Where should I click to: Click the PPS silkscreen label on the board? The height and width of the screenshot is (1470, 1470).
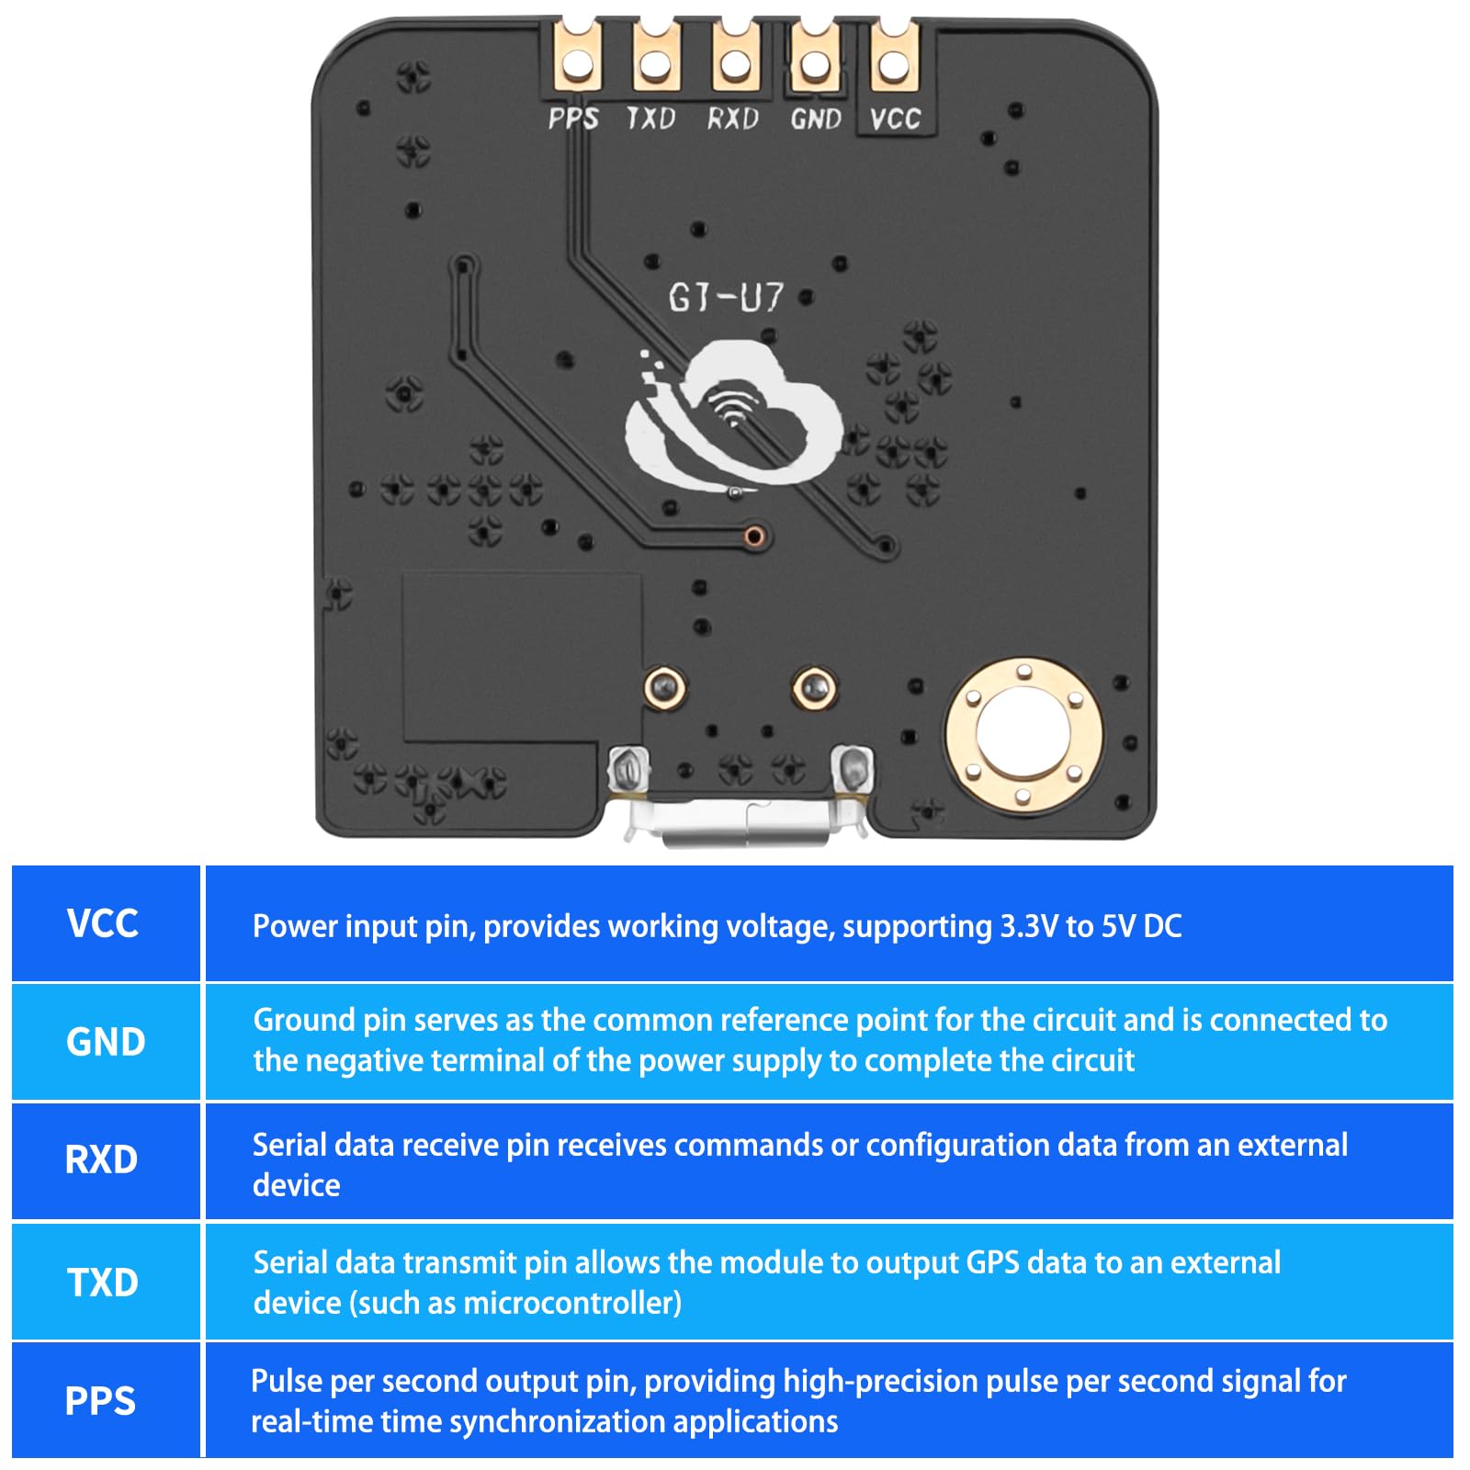point(573,119)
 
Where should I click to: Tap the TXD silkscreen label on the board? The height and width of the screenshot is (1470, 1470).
point(650,119)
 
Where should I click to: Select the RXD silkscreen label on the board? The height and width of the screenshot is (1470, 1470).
point(732,119)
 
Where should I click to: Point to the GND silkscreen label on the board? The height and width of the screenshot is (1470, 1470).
point(816,119)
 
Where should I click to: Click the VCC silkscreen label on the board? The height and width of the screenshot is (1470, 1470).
point(895,119)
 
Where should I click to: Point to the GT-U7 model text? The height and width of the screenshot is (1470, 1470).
point(726,297)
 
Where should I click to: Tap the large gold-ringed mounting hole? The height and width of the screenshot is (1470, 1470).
point(1023,735)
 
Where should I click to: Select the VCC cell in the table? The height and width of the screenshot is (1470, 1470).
point(104,923)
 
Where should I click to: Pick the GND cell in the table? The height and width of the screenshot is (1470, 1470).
point(106,1042)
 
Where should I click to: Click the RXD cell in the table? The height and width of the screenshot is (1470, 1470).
point(102,1160)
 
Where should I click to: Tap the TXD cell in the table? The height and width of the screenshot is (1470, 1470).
point(103,1282)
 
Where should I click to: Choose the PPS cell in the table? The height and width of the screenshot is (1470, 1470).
point(101,1401)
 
